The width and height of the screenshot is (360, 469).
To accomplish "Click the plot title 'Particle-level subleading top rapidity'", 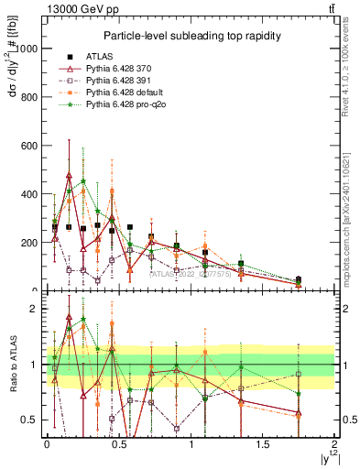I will tap(191, 36).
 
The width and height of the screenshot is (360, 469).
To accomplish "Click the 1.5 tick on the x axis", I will tap(264, 444).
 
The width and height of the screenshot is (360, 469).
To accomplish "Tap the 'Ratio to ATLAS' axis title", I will tap(12, 364).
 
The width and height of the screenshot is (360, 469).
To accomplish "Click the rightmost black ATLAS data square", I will tap(299, 280).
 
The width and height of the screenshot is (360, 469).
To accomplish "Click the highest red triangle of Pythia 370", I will tap(69, 175).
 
